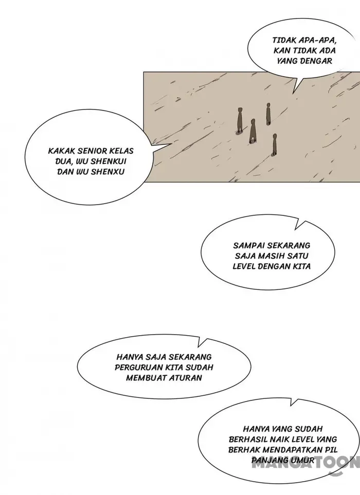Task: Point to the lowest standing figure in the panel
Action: point(275,145)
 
